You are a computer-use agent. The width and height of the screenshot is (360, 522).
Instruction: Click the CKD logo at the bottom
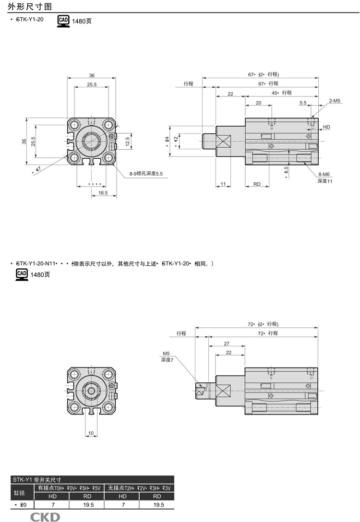tap(46, 516)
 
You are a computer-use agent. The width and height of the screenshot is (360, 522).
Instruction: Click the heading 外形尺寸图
tap(27, 6)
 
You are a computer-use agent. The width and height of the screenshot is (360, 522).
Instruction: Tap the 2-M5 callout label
tap(335, 101)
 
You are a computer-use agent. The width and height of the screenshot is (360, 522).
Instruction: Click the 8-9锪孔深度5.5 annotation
tap(146, 174)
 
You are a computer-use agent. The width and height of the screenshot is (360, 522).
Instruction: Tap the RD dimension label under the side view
tap(257, 184)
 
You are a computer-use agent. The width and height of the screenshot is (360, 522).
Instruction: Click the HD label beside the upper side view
tap(326, 127)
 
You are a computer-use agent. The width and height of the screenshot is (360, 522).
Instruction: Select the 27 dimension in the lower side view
tap(227, 344)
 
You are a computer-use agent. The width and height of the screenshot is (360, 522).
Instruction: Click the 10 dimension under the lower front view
tap(91, 433)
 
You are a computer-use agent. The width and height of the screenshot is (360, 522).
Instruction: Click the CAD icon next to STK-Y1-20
tap(63, 21)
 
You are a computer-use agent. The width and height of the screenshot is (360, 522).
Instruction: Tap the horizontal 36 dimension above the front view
tap(92, 75)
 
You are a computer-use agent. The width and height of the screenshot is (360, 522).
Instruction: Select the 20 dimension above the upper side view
tap(258, 103)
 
